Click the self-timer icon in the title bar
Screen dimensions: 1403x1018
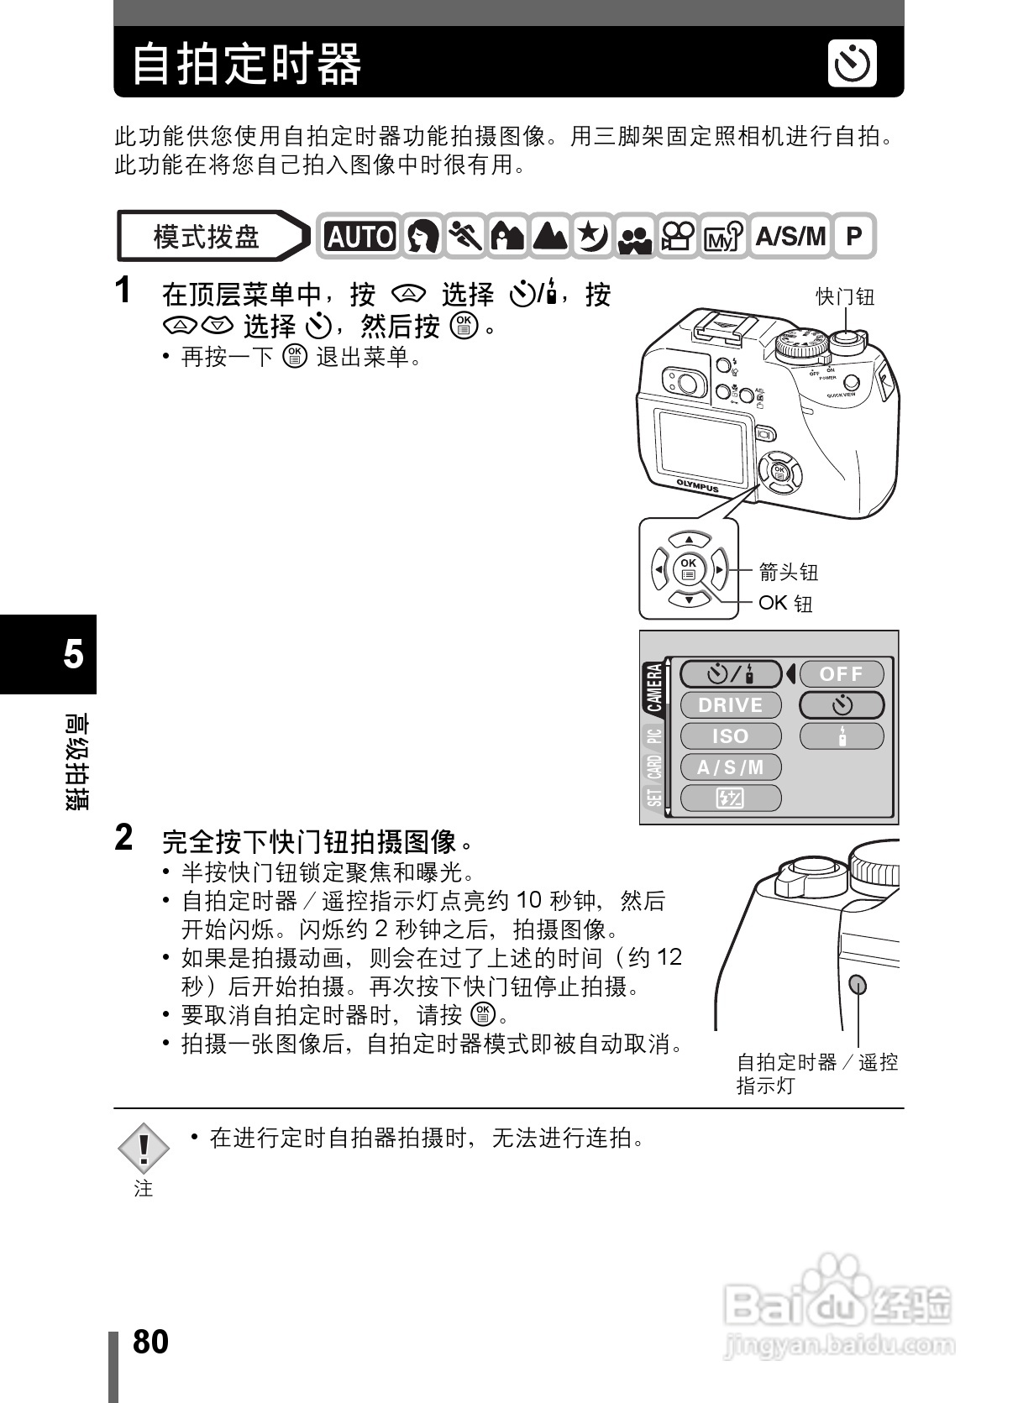(852, 64)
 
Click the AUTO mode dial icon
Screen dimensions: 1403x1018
(359, 237)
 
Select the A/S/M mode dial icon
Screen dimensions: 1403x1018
(790, 236)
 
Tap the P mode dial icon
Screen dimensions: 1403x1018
(853, 236)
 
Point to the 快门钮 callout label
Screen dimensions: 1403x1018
(845, 296)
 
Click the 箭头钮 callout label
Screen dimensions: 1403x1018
(788, 573)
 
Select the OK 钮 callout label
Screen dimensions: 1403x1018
(785, 603)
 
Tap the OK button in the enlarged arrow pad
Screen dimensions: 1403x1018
(689, 569)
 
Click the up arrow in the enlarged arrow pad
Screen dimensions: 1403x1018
(689, 540)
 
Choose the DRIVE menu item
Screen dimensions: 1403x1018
(730, 705)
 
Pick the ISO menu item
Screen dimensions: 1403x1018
(730, 736)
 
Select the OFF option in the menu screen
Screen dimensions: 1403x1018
(841, 674)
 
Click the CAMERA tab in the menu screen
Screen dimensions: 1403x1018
(654, 688)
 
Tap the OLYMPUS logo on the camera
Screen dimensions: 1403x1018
(697, 486)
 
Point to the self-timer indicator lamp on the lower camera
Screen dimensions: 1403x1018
(858, 985)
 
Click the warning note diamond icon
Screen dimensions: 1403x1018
(144, 1148)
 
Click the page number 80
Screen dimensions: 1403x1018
(150, 1342)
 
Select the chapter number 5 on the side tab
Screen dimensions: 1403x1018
(73, 654)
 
